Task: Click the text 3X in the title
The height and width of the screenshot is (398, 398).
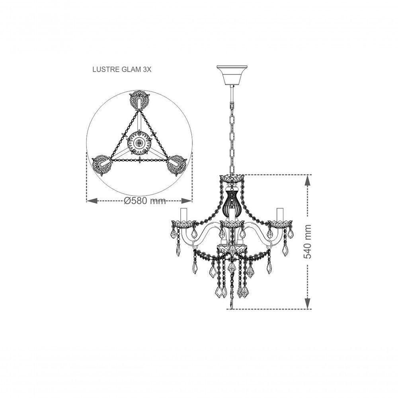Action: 147,69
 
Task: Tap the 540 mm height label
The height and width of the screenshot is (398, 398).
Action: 308,241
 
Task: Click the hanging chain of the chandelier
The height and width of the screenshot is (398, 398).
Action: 231,131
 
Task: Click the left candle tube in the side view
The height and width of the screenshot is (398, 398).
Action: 184,215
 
